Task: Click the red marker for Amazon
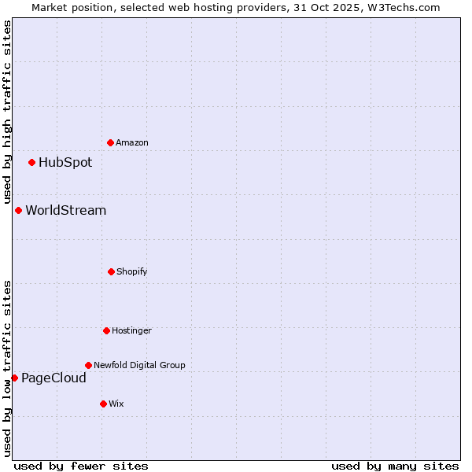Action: tap(110, 142)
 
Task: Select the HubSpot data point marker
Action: tap(31, 162)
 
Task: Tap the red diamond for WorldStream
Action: tap(18, 210)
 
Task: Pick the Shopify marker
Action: tap(111, 271)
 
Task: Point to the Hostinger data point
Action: tap(106, 330)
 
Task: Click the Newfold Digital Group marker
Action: tap(88, 365)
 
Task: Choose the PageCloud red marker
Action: tap(14, 378)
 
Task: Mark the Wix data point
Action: tap(103, 404)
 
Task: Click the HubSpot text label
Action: tap(65, 163)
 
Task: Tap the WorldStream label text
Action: tap(66, 211)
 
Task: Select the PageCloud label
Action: tap(53, 378)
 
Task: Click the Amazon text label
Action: tap(132, 143)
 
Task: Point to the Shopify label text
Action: tap(132, 272)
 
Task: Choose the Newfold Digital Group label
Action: tap(140, 366)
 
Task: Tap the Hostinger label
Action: tap(131, 331)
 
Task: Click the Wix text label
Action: tap(116, 404)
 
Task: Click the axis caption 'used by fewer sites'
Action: tap(81, 466)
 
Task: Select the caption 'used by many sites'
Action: tap(395, 466)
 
